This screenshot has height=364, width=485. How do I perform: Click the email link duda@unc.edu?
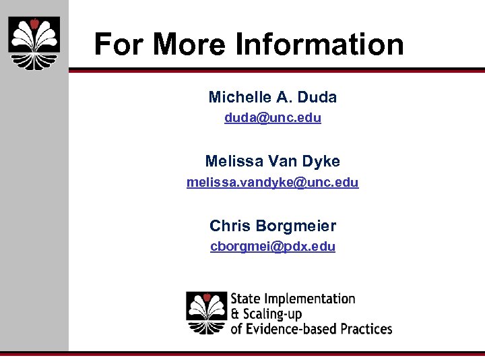(273, 118)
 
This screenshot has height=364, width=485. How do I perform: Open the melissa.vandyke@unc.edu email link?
(273, 182)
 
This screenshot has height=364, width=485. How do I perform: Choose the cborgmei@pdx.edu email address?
(273, 246)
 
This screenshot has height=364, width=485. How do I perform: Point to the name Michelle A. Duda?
(273, 97)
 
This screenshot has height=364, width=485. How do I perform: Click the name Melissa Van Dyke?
(273, 161)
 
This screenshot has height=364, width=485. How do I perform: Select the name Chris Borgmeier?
(273, 225)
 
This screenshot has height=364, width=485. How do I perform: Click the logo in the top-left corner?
(34, 42)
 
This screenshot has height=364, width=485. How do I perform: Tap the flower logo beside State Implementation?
(207, 313)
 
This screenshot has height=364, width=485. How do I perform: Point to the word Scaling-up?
(272, 314)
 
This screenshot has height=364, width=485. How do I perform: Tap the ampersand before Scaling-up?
(235, 314)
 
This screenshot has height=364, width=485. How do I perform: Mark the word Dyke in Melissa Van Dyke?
(323, 161)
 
